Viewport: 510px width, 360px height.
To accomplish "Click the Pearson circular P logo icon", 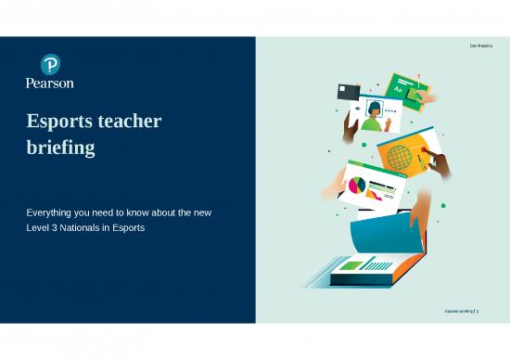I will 50,64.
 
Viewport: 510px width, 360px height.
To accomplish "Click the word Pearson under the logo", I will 50,83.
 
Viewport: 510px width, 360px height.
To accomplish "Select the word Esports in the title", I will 65,122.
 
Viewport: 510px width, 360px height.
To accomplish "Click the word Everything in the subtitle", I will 52,213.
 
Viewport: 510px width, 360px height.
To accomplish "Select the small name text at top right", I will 482,46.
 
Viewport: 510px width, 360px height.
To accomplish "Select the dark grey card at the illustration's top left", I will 349,91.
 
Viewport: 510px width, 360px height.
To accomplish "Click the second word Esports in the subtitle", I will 126,227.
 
